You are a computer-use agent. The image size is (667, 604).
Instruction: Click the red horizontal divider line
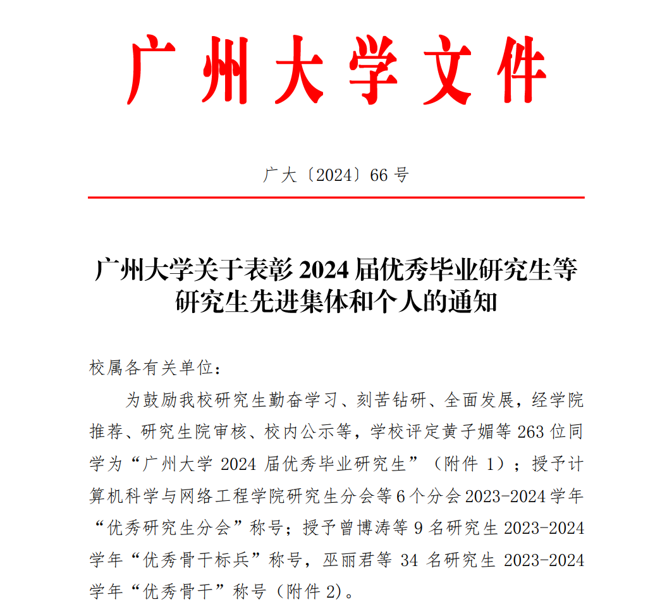pos(336,197)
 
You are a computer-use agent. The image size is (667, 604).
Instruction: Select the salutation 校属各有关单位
pos(148,368)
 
